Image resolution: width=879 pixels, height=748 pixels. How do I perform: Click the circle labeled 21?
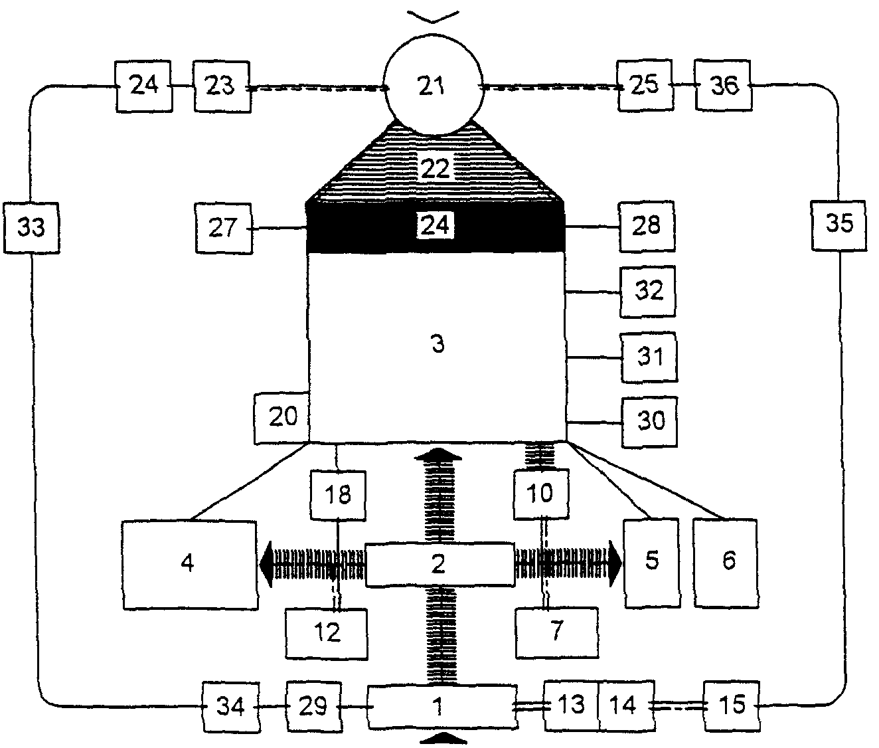pyautogui.click(x=433, y=86)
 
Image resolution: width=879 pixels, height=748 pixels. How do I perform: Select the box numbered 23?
pyautogui.click(x=222, y=86)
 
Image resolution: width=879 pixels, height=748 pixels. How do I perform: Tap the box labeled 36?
pyautogui.click(x=724, y=86)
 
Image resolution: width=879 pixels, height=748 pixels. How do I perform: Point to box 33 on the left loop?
pyautogui.click(x=31, y=227)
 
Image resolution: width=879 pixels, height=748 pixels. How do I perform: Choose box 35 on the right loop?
pyautogui.click(x=839, y=224)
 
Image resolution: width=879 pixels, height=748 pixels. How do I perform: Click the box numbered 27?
pyautogui.click(x=224, y=228)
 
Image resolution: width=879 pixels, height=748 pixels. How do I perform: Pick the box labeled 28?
pyautogui.click(x=647, y=226)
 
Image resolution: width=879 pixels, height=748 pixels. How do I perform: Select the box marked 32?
pyautogui.click(x=648, y=291)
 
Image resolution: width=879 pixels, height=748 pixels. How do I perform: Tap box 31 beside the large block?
pyautogui.click(x=649, y=357)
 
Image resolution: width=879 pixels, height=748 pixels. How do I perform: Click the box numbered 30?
pyautogui.click(x=650, y=421)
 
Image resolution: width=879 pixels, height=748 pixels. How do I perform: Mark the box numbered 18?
pyautogui.click(x=338, y=495)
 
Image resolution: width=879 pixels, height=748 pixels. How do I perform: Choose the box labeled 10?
pyautogui.click(x=541, y=494)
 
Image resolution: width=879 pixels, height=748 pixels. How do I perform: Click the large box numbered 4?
pyautogui.click(x=189, y=564)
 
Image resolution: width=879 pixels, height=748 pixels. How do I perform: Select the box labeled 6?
pyautogui.click(x=728, y=562)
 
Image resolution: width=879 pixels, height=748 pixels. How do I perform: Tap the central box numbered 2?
pyautogui.click(x=439, y=565)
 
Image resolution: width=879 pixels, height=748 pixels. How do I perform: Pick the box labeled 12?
pyautogui.click(x=327, y=632)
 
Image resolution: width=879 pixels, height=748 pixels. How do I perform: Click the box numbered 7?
pyautogui.click(x=556, y=631)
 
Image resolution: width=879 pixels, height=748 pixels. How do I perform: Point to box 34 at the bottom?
pyautogui.click(x=230, y=706)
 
